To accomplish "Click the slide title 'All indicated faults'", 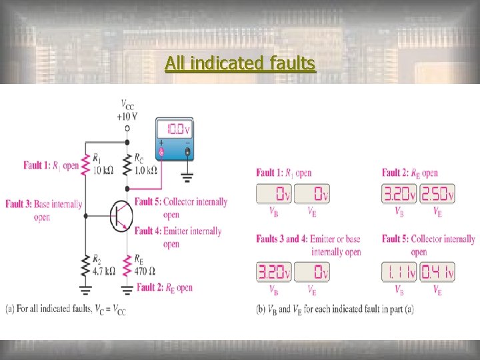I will point(240,63).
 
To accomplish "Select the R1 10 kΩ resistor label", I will point(103,164).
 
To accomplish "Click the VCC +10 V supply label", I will point(126,110).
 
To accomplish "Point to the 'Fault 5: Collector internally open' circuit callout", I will point(181,208).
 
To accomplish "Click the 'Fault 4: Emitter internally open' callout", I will point(178,237).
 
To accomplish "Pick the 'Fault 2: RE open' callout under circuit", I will point(164,287).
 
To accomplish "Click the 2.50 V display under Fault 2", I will point(437,194).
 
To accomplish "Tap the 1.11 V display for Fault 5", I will point(400,272).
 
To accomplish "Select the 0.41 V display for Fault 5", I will point(437,272).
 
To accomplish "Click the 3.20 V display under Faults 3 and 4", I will point(274,272).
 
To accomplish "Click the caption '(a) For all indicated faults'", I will point(65,309).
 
